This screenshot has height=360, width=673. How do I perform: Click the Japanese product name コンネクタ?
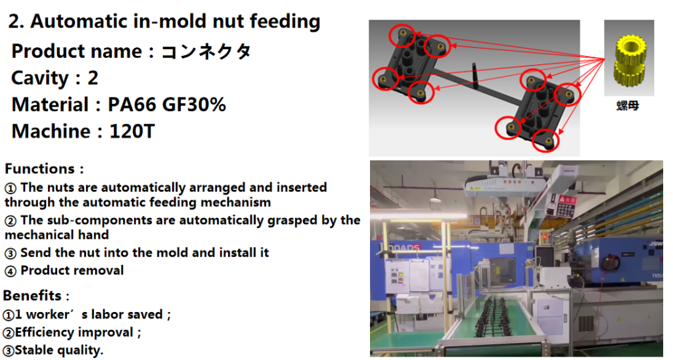(206, 51)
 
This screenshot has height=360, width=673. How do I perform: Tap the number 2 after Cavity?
(93, 78)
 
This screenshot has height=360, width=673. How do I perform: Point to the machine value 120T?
(131, 132)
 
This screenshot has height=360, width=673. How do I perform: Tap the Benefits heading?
(32, 296)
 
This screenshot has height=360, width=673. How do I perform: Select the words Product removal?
(72, 270)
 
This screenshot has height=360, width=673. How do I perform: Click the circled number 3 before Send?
(11, 254)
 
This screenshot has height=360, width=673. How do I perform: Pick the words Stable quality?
(59, 350)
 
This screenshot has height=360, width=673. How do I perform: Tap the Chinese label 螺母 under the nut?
(628, 105)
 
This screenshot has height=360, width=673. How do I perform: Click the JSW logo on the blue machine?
(655, 244)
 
